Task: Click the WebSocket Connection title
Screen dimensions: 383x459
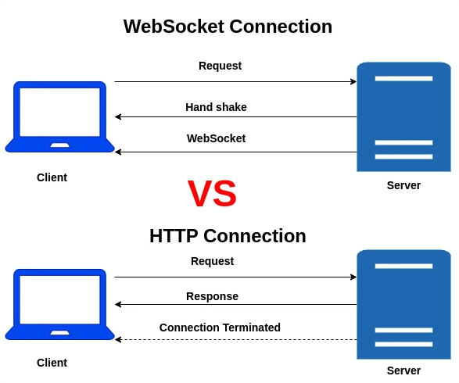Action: pos(228,27)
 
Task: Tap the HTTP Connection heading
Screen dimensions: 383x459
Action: pos(228,236)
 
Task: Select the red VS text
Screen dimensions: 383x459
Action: pos(212,194)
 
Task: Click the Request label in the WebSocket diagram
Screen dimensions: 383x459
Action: pos(220,66)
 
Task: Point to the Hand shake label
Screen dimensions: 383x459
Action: pos(216,107)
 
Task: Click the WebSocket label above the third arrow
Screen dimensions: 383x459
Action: pos(216,138)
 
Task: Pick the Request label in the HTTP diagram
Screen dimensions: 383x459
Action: pos(212,261)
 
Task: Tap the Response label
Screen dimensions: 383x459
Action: pos(212,296)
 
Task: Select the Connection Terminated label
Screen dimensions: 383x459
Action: pos(220,328)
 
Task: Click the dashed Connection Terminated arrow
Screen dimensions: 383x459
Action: pos(235,340)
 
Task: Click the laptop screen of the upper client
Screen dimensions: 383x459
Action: pos(60,112)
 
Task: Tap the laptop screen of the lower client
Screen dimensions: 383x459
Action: pos(60,299)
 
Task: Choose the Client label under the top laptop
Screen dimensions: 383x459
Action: pos(52,177)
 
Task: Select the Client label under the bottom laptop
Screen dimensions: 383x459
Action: pos(52,363)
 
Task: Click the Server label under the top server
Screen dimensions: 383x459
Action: pos(403,185)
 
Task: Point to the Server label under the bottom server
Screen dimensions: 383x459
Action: pos(403,370)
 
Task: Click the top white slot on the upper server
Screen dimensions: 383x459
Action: pos(403,78)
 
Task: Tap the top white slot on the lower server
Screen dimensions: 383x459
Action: pos(403,266)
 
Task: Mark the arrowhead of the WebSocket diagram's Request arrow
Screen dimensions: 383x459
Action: pos(353,81)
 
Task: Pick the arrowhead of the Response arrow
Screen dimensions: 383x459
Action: pos(118,305)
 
